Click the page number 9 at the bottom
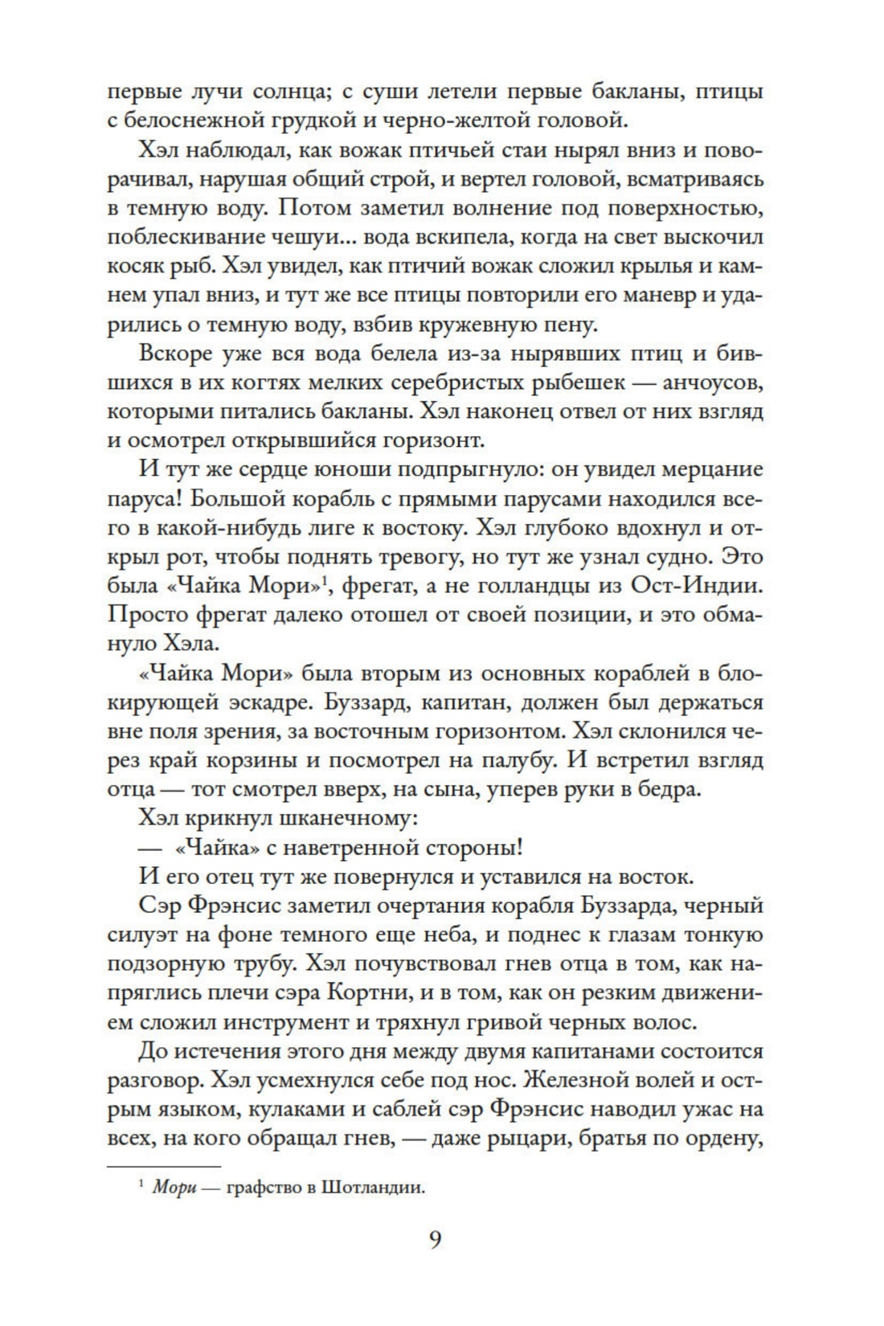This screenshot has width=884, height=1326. (x=435, y=1240)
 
